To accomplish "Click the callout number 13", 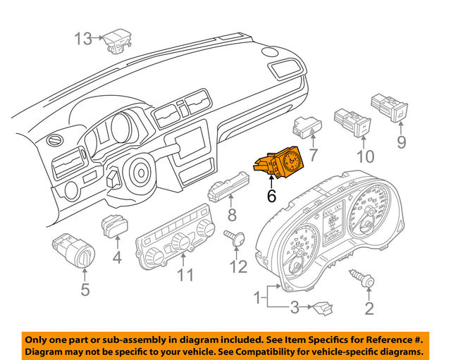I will (x=84, y=38).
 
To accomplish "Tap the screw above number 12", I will (x=237, y=238).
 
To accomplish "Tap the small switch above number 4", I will (x=114, y=228).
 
